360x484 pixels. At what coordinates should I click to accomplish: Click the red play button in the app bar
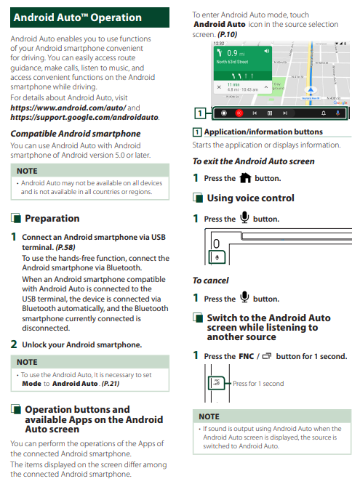(239, 113)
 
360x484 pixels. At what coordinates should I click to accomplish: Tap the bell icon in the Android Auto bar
(324, 113)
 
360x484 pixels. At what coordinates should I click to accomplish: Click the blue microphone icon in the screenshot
(337, 113)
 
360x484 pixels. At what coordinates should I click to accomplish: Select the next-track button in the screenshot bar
(285, 113)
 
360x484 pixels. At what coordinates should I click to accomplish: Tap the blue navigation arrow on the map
(311, 90)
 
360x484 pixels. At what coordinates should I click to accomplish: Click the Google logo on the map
(340, 102)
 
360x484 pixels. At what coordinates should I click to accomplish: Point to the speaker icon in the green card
(266, 52)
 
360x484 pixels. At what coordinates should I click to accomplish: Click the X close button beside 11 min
(219, 87)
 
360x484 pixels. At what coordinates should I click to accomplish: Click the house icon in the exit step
(245, 178)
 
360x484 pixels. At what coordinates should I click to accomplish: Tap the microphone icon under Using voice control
(244, 217)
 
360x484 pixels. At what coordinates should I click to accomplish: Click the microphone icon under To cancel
(244, 297)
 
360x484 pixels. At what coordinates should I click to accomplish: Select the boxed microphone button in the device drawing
(217, 257)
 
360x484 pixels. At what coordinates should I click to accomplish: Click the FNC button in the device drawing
(216, 383)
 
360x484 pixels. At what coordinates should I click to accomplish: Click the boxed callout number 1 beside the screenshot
(200, 113)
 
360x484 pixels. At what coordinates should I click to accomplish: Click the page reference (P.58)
(65, 247)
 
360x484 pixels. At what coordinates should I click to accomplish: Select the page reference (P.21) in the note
(111, 384)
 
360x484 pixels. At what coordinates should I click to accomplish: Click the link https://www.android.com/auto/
(68, 108)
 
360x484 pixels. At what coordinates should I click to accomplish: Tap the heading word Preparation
(52, 219)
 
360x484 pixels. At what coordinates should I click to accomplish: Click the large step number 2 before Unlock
(14, 344)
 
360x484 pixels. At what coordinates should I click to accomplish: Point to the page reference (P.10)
(227, 34)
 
